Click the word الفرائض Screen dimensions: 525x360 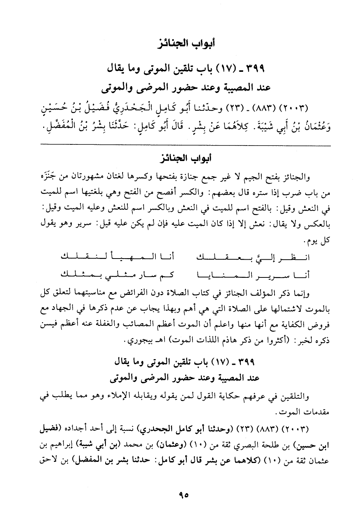click(168, 294)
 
